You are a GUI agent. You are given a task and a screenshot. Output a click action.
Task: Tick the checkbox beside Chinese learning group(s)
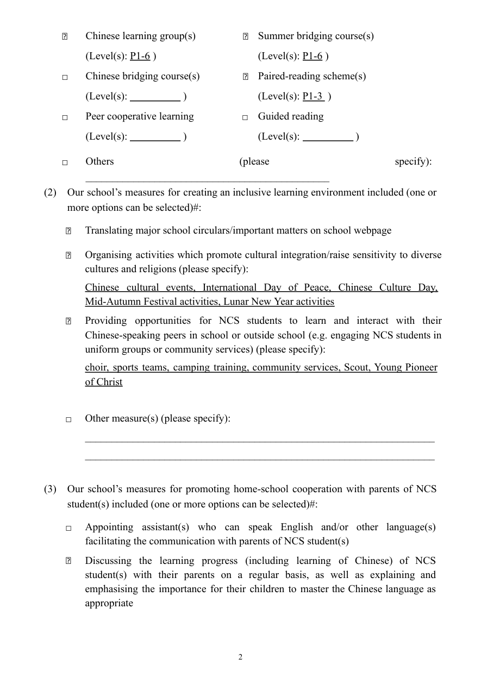tap(64, 37)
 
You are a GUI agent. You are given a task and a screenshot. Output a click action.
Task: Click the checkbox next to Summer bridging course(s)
tap(245, 37)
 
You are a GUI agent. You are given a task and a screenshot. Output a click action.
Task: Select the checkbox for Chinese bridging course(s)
tap(64, 77)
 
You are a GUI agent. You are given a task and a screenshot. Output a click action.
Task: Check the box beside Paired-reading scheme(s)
tap(245, 77)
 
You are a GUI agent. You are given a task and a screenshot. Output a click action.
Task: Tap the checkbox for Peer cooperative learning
tap(64, 117)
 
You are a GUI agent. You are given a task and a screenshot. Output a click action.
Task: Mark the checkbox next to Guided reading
tap(245, 117)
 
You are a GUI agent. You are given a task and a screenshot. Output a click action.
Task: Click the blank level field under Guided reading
tap(328, 137)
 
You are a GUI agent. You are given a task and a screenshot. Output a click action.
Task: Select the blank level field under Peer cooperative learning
tap(155, 137)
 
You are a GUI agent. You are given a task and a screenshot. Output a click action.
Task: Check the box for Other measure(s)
tap(68, 419)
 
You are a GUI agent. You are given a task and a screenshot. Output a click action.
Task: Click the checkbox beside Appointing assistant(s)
tap(68, 528)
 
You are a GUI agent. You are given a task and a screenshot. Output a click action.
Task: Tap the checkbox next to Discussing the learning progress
tap(68, 562)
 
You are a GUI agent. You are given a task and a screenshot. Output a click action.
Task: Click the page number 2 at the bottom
tap(240, 657)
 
